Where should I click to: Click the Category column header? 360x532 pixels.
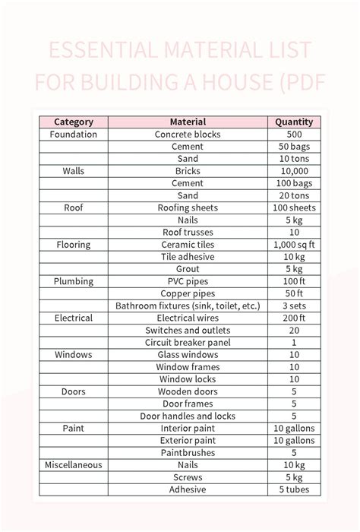point(74,122)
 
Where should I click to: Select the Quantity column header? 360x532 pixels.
point(294,122)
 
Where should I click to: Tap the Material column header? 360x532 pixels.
point(188,122)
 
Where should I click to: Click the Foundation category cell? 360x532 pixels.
point(74,134)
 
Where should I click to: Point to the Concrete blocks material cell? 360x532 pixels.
point(188,134)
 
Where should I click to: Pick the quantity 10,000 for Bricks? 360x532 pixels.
point(294,171)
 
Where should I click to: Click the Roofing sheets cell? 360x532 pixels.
point(188,207)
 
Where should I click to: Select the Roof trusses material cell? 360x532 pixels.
point(188,232)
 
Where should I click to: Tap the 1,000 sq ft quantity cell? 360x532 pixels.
point(294,245)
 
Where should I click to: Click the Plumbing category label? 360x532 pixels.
point(74,281)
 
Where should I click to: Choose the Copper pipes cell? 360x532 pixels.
point(188,293)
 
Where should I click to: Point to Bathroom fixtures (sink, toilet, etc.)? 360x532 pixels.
point(188,306)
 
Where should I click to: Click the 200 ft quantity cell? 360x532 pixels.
point(294,318)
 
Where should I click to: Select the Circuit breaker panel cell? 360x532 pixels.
point(188,342)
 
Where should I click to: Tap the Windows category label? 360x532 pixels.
point(74,355)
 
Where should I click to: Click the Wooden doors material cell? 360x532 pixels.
point(188,391)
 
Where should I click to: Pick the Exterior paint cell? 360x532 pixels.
point(188,440)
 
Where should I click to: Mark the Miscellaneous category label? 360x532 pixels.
point(74,464)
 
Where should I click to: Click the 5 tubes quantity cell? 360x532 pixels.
point(294,489)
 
